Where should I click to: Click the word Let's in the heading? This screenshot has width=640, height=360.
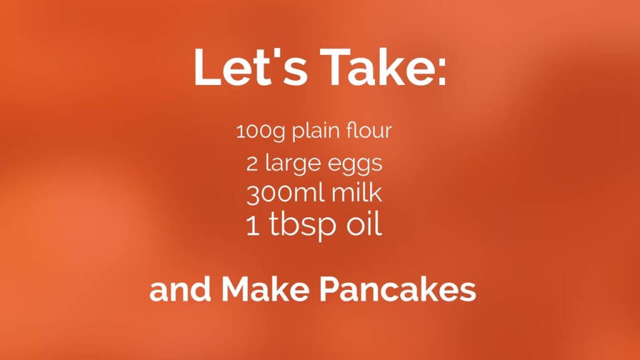click(250, 67)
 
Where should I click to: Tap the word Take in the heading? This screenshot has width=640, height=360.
click(375, 67)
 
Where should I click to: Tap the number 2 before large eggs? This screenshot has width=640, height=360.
click(252, 164)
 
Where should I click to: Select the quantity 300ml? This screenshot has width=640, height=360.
click(285, 192)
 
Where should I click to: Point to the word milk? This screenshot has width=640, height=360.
click(356, 192)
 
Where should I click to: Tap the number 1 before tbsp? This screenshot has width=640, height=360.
click(252, 226)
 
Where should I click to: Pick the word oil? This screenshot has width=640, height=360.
click(364, 224)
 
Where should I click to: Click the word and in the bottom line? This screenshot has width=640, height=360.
click(180, 289)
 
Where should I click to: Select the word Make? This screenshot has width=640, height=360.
click(265, 289)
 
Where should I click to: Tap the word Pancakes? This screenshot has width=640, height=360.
click(397, 290)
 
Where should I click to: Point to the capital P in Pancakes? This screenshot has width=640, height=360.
click(329, 290)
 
